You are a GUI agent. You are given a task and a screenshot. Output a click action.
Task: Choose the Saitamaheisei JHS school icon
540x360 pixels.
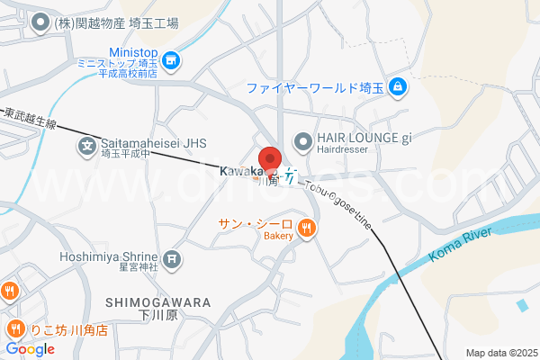point(87,145)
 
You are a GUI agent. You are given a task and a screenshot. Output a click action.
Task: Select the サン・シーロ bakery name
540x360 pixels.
point(255,223)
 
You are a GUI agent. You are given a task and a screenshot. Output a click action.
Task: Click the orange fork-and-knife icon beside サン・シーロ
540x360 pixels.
point(307,229)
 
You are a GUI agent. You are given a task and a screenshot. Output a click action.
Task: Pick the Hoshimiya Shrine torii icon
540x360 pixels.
point(173,260)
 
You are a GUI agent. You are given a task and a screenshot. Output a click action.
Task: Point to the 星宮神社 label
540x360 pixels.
point(136,267)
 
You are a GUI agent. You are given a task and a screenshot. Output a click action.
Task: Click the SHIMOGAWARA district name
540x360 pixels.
point(157,302)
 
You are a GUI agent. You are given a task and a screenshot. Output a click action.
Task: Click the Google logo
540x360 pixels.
point(30,348)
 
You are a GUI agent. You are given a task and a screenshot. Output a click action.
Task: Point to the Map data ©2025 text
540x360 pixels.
point(499,353)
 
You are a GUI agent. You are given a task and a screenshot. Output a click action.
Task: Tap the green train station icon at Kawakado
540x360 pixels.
point(290,175)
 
